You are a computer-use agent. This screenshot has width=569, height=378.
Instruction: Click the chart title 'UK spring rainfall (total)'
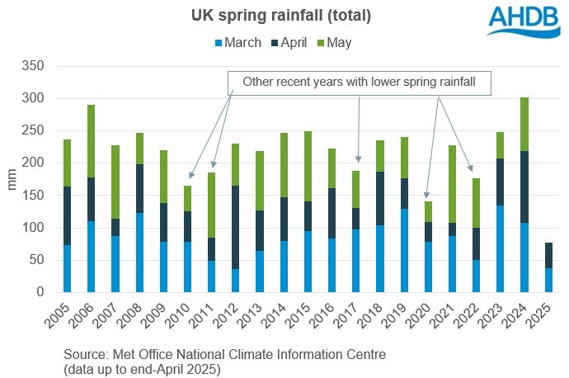(x=284, y=15)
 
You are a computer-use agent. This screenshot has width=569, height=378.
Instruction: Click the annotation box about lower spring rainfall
(x=359, y=82)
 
